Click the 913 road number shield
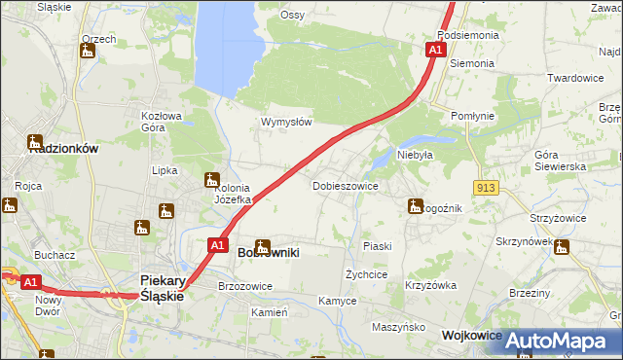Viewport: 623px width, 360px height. point(487,186)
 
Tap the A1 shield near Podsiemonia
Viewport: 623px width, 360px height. point(436,48)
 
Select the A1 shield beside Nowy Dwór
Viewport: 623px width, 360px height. point(30,282)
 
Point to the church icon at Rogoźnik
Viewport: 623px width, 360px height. point(412,205)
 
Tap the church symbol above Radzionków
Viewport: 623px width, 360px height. point(35,142)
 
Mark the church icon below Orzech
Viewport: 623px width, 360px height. point(87,52)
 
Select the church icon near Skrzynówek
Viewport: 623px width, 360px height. point(560,249)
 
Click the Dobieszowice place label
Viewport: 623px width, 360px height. point(345,185)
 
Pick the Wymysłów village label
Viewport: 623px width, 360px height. point(286,122)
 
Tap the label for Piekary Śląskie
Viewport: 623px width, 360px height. point(162,287)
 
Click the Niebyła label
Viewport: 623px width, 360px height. point(415,154)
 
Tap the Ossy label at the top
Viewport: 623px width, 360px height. point(292,15)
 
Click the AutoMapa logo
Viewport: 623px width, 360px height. point(558,341)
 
